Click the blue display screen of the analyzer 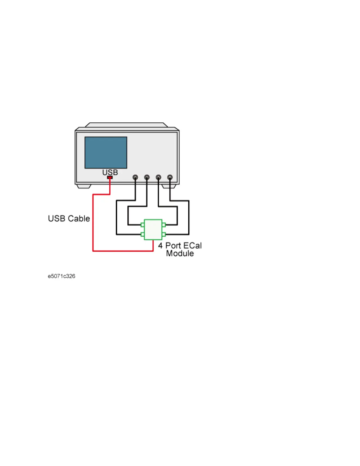tap(106, 152)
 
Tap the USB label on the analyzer tap(110, 172)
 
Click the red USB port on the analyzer tap(110, 177)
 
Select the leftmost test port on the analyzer tap(135, 177)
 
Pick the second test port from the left tap(147, 177)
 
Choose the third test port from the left tap(159, 177)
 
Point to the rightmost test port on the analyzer tap(170, 177)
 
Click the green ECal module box tap(153, 229)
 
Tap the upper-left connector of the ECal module tap(143, 225)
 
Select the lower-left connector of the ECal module tap(143, 234)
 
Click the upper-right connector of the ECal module tap(164, 225)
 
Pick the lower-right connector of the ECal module tap(164, 234)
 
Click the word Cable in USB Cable tap(79, 219)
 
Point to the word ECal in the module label tap(193, 246)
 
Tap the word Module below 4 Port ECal tap(180, 254)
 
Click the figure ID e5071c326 tap(61, 276)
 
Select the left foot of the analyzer tap(84, 186)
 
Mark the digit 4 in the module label tap(160, 246)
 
